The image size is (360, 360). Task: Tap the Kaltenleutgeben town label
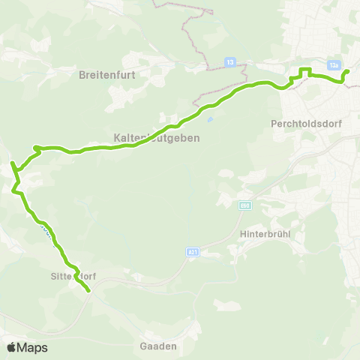pos(155,139)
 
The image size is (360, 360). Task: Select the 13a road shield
pos(334,64)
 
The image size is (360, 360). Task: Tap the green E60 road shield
pos(244,205)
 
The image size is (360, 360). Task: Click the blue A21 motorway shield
pos(192,253)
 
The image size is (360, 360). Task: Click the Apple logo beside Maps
pos(12,347)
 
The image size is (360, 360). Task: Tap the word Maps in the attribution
pos(33,347)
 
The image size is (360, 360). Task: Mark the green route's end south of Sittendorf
pos(89,290)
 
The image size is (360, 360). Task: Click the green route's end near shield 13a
pos(347,72)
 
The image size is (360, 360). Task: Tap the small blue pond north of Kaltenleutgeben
pos(210,118)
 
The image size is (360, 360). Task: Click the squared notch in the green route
pos(304,71)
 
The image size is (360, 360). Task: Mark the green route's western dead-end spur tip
pos(11,163)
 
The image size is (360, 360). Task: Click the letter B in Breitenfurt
pos(82,75)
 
